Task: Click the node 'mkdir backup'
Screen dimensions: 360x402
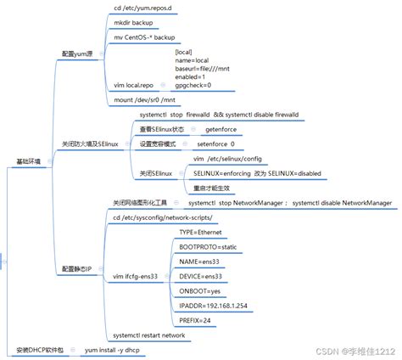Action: pyautogui.click(x=132, y=24)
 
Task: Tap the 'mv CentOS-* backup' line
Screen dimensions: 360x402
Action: pyautogui.click(x=144, y=38)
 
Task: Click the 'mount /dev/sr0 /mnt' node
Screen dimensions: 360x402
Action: pyautogui.click(x=145, y=100)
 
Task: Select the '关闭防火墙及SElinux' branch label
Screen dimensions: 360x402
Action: pyautogui.click(x=91, y=144)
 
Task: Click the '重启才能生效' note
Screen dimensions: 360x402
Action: pyautogui.click(x=212, y=188)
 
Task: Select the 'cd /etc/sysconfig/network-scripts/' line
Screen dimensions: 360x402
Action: pyautogui.click(x=170, y=217)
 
